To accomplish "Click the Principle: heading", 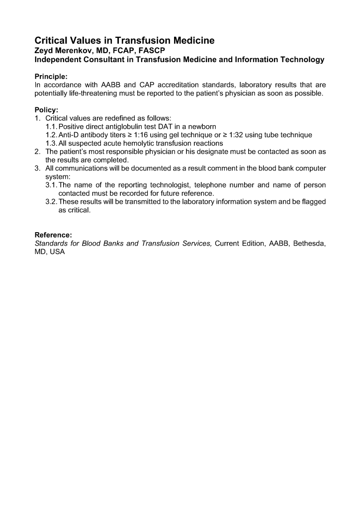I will click(x=51, y=77).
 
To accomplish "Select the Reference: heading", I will click(x=53, y=235).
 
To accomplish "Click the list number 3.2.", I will click(x=51, y=202).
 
